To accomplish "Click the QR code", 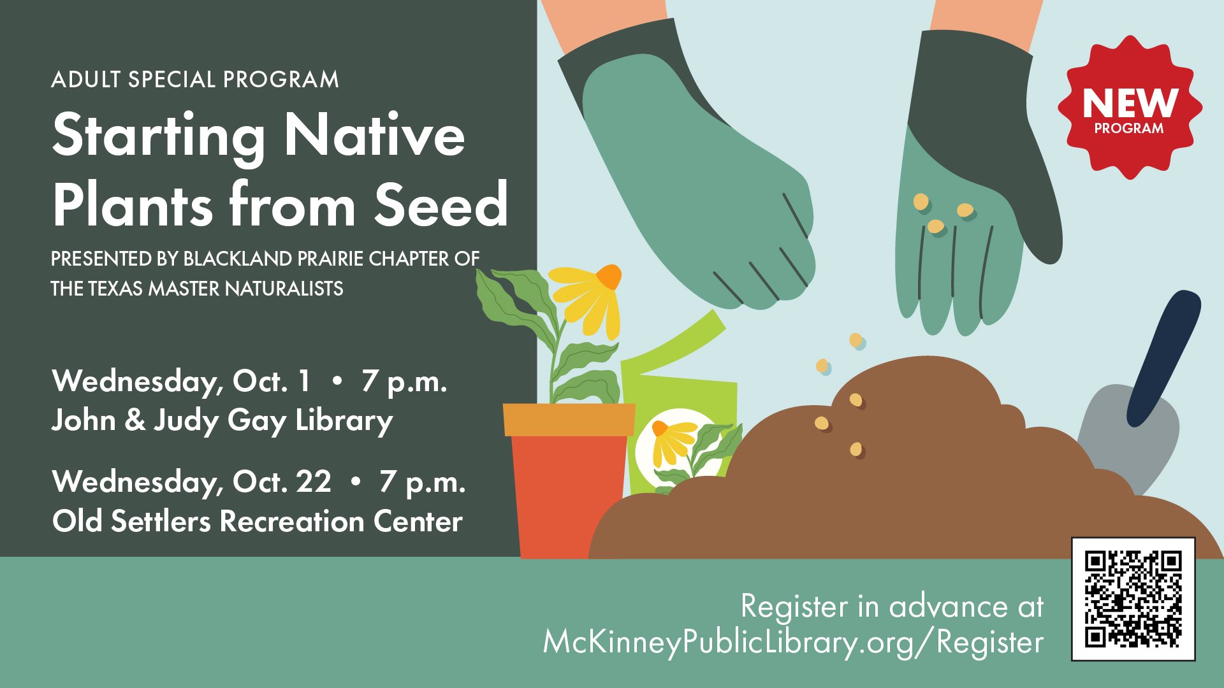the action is coord(1133,599).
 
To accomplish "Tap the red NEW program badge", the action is coord(1130,107).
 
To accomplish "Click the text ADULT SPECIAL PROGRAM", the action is coord(195,80).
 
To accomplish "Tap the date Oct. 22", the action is coord(282,482).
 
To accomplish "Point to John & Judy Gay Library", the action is coord(222,421).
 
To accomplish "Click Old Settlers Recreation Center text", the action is coord(258,521).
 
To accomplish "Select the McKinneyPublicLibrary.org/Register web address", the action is coord(793,642).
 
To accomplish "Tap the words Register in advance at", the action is coord(892,606).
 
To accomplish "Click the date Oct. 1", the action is coord(272,381).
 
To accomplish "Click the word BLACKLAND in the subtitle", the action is coord(238,259).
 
